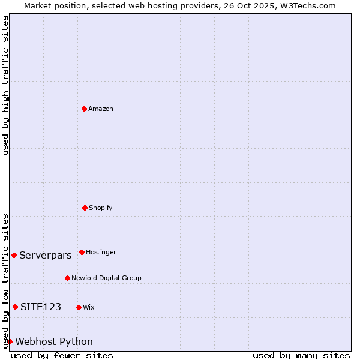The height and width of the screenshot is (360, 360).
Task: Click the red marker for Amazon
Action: pyautogui.click(x=84, y=109)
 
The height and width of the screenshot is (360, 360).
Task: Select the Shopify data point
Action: pyautogui.click(x=85, y=208)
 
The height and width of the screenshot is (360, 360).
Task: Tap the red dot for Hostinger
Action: pyautogui.click(x=82, y=252)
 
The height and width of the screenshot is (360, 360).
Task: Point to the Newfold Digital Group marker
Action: pyautogui.click(x=67, y=278)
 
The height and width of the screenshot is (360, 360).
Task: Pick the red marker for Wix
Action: pyautogui.click(x=79, y=307)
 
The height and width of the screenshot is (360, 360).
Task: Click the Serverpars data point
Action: pyautogui.click(x=14, y=255)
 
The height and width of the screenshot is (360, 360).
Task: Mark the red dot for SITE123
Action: pyautogui.click(x=15, y=307)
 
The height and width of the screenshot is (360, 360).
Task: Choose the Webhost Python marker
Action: pyautogui.click(x=10, y=341)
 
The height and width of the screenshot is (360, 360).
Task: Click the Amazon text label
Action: pyautogui.click(x=101, y=109)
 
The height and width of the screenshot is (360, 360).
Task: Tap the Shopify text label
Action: pyautogui.click(x=101, y=208)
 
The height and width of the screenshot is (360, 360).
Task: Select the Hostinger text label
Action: pyautogui.click(x=101, y=252)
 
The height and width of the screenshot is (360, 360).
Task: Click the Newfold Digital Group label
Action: pyautogui.click(x=106, y=278)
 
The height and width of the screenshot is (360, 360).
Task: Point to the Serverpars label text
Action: pyautogui.click(x=45, y=255)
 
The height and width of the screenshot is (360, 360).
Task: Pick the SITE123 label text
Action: pyautogui.click(x=41, y=307)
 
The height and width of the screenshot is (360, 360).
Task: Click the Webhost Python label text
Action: pyautogui.click(x=54, y=341)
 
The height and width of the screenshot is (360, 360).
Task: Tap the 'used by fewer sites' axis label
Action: pyautogui.click(x=62, y=355)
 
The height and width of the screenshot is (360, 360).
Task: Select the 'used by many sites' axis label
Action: pyautogui.click(x=301, y=355)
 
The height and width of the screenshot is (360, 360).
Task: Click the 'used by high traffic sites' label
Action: pyautogui.click(x=5, y=85)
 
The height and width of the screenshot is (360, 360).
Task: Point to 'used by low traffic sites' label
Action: pyautogui.click(x=5, y=280)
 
